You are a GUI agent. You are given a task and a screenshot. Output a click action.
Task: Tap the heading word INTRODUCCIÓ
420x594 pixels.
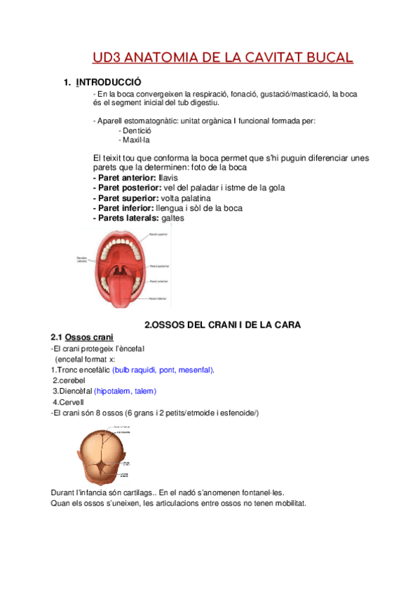108,83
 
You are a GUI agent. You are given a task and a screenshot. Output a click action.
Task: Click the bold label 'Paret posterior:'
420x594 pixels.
126,188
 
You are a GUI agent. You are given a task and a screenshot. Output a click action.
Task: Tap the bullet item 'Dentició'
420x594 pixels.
138,130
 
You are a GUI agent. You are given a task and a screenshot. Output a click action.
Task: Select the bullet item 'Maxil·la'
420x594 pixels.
137,139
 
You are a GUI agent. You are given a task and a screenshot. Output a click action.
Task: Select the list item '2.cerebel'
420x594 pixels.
62,380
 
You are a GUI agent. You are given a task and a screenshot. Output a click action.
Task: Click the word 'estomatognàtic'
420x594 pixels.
152,120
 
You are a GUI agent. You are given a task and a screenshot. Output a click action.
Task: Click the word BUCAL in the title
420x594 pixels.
325,57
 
